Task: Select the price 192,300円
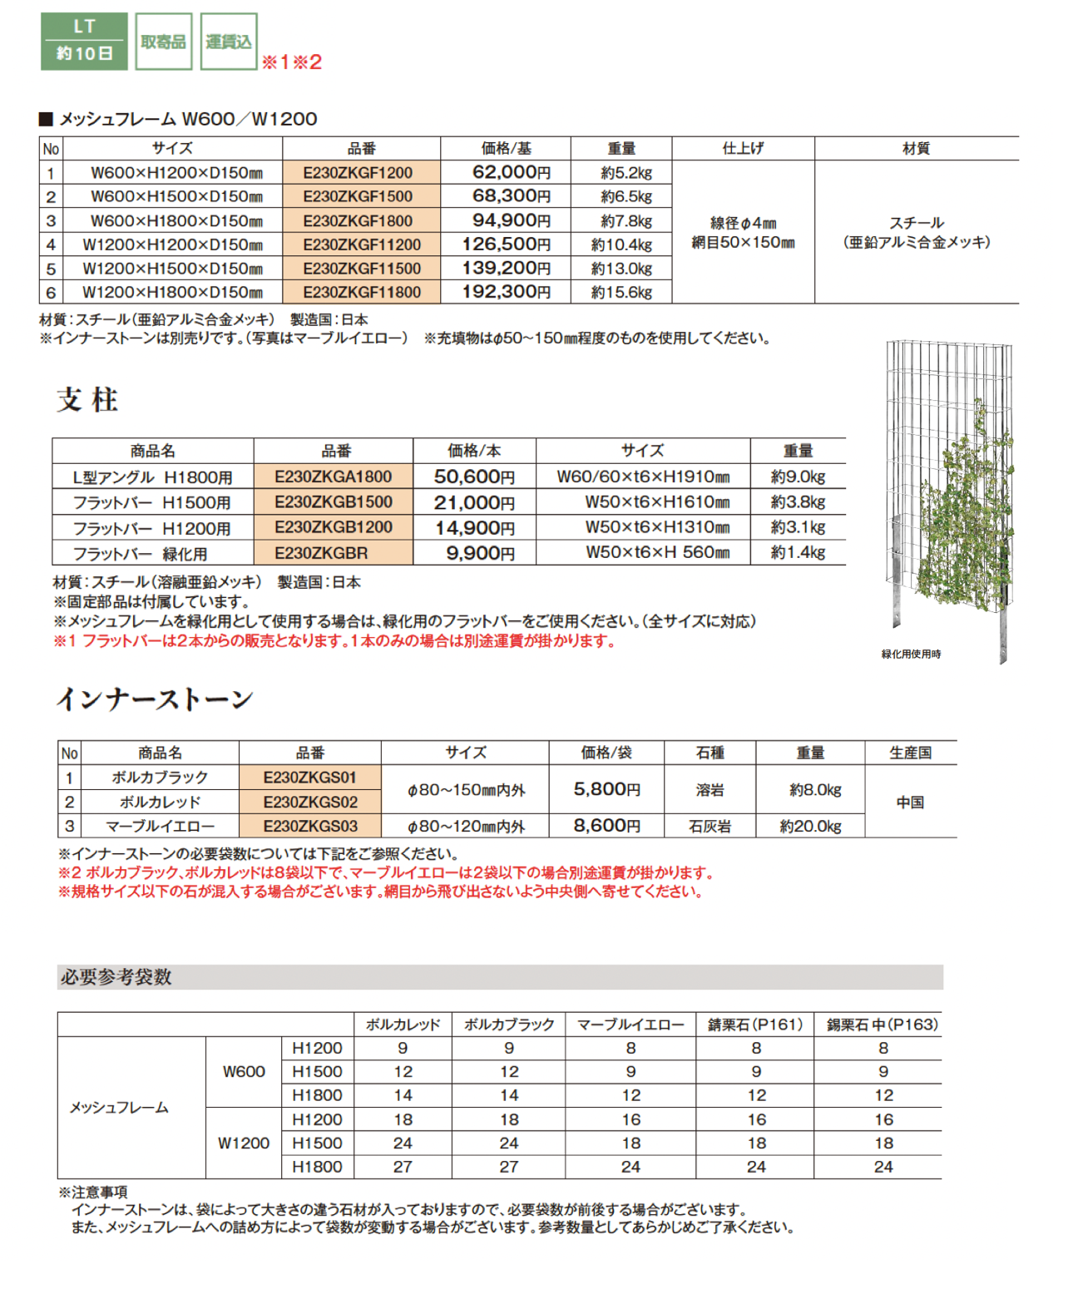point(506,292)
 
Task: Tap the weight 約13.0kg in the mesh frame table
point(621,269)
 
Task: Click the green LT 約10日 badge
point(84,41)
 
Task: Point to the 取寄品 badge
point(163,42)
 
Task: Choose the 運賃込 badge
point(229,42)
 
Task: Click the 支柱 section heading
point(87,400)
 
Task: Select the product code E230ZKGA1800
point(333,477)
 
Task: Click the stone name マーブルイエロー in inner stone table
point(160,826)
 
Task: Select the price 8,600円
point(606,826)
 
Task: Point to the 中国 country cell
point(910,802)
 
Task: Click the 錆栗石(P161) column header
point(755,1025)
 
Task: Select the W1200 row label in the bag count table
point(244,1143)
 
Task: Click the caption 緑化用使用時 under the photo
point(911,654)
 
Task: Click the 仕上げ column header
point(743,149)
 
